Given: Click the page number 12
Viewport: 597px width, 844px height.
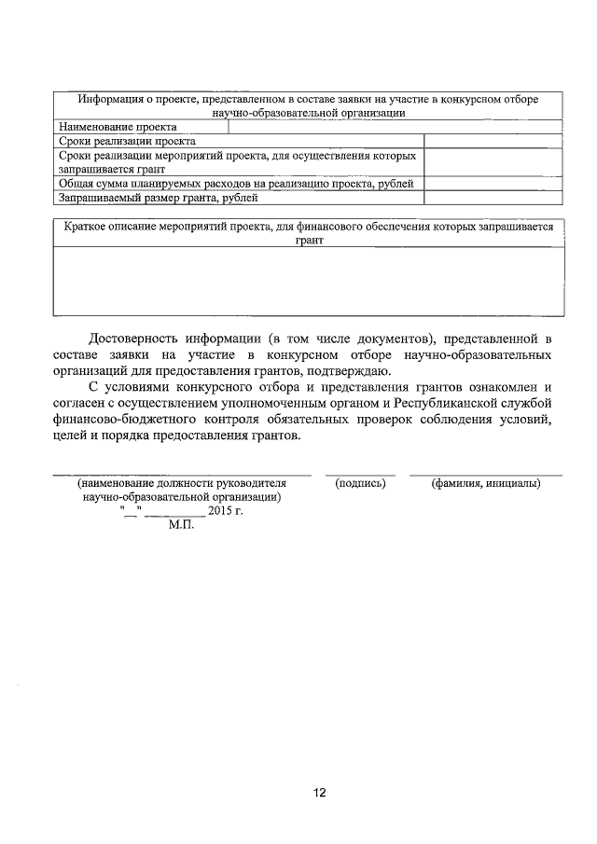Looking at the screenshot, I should pyautogui.click(x=319, y=793).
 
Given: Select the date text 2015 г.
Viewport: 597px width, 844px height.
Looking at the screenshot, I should pyautogui.click(x=224, y=512).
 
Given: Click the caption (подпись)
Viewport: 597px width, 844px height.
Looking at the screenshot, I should pyautogui.click(x=360, y=484).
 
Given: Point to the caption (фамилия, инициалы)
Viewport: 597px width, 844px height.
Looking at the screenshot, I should pyautogui.click(x=485, y=484).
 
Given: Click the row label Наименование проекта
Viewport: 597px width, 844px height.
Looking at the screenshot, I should pyautogui.click(x=118, y=127).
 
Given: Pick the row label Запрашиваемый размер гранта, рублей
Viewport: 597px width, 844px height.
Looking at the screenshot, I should pyautogui.click(x=157, y=198).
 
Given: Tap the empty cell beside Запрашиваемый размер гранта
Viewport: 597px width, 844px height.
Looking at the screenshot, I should pyautogui.click(x=493, y=198).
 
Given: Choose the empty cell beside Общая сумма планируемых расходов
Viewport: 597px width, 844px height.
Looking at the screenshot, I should pyautogui.click(x=493, y=184).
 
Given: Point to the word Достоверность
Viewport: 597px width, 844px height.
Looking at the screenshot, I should pyautogui.click(x=134, y=338).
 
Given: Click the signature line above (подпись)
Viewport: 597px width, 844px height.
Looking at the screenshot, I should pyautogui.click(x=360, y=474).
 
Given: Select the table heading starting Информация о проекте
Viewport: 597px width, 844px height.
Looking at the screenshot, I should pyautogui.click(x=308, y=104).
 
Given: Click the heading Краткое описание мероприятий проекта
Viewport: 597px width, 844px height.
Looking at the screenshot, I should pyautogui.click(x=308, y=233).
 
